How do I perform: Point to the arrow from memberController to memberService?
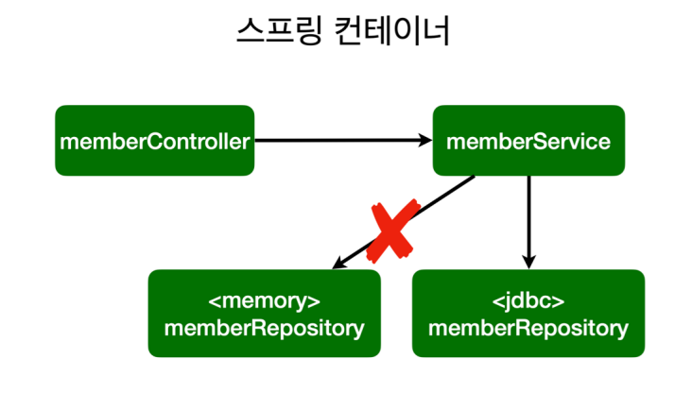[340, 141]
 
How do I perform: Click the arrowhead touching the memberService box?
[425, 141]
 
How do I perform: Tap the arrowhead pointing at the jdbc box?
[528, 263]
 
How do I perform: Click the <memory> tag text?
[264, 302]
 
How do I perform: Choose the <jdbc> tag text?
[528, 302]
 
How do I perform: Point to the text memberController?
[154, 142]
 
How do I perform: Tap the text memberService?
[528, 142]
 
